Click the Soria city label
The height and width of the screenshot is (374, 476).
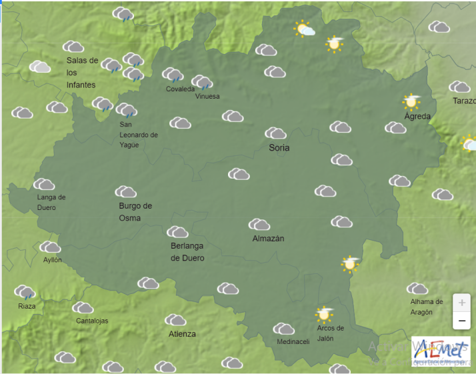point(279,147)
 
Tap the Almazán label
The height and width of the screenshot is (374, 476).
point(268,238)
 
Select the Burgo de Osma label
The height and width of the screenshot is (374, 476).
point(135,212)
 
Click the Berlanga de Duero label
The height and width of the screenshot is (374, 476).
point(187,253)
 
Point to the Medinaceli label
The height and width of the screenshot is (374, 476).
point(293,342)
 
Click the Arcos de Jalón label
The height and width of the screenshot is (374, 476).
point(331,333)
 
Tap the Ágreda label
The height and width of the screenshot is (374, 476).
point(417,116)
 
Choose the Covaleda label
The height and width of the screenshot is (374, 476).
point(180,89)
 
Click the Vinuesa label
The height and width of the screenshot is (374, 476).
point(207,96)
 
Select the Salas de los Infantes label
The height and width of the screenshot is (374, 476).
point(81,73)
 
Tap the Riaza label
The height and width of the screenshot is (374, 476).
point(27,306)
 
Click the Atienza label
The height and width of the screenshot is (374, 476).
point(182,334)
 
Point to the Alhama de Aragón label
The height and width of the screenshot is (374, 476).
point(426,307)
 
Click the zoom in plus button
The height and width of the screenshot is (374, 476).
point(462,303)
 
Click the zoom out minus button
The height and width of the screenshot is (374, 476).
point(462,321)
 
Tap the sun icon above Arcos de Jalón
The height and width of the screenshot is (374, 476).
point(324,313)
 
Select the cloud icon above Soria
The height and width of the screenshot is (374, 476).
point(275,133)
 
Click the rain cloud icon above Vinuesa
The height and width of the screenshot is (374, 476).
point(202,83)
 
